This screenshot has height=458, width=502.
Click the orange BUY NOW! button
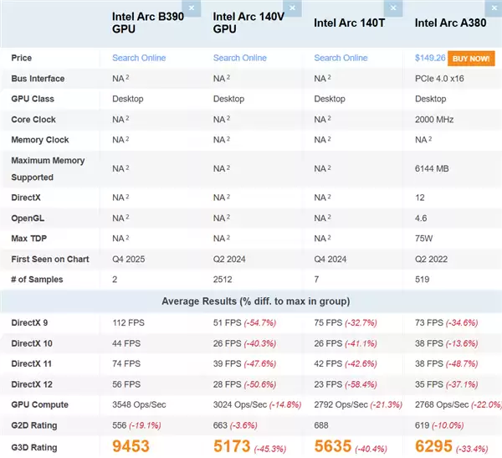pos(471,59)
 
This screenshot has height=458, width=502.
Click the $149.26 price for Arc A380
pos(429,59)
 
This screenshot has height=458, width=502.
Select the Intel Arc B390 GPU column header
pos(147,23)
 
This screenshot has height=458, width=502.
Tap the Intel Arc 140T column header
pos(349,23)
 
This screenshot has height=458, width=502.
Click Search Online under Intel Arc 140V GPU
pos(240,59)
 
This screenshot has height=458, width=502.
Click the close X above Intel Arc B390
pos(192,8)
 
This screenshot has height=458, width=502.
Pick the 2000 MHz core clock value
pos(434,120)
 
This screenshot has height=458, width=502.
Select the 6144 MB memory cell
pos(432,168)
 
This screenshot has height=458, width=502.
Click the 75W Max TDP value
pos(424,238)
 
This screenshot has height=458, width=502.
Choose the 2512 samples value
pos(223,279)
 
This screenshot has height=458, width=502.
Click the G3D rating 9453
pos(137,445)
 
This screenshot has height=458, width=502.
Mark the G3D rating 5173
pos(232,445)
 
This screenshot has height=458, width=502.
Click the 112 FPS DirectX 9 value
pos(129,322)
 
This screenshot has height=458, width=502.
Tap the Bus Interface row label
pos(38,79)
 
